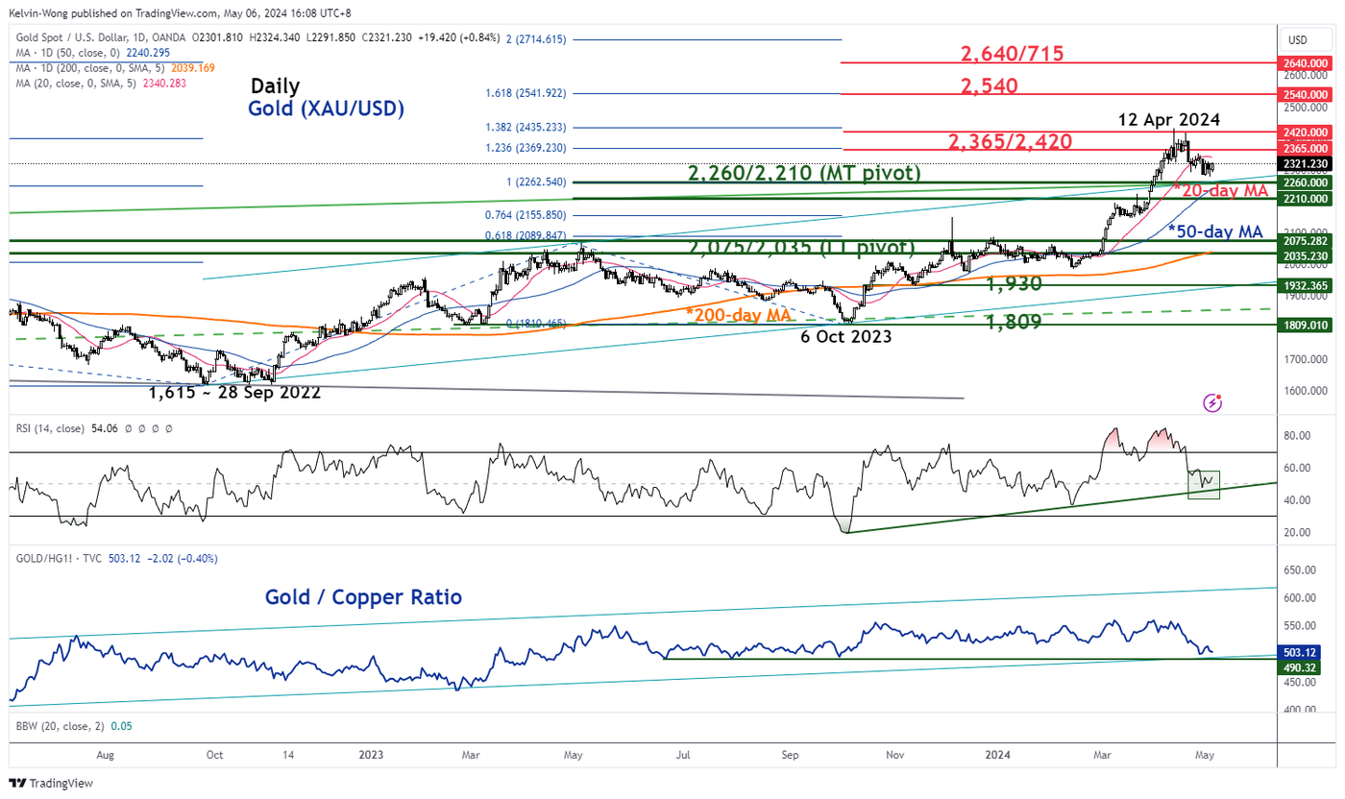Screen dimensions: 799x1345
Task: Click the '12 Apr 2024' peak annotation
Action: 1168,120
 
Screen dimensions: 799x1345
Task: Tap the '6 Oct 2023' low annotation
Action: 847,336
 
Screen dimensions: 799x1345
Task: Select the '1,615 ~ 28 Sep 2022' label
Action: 234,392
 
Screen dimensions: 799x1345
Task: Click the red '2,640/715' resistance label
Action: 1013,54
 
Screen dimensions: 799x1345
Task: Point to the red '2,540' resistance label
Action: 990,86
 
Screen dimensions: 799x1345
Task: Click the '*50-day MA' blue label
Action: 1214,230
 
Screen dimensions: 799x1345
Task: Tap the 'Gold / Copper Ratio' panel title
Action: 363,597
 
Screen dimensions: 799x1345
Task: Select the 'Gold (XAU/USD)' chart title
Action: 326,109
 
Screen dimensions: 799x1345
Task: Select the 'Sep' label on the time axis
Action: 790,755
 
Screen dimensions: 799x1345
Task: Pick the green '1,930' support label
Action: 1015,284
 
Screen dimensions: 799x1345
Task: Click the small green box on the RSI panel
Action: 1204,484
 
